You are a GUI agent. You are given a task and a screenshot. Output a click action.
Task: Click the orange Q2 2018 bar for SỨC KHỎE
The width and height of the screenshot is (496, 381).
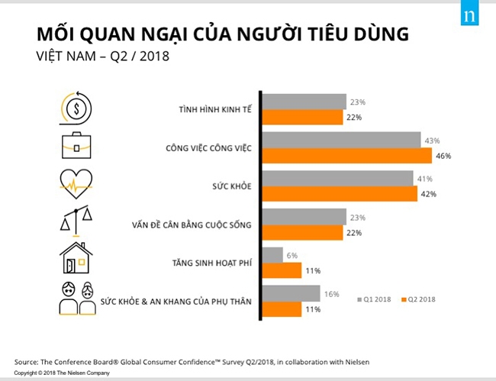point(340,194)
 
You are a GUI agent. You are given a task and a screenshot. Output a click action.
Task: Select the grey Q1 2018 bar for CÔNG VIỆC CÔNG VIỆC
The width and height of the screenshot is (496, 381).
point(341,140)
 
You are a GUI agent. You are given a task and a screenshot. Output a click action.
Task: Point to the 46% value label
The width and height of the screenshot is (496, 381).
point(443,156)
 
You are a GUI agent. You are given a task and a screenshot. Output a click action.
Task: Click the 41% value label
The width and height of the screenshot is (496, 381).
point(425,179)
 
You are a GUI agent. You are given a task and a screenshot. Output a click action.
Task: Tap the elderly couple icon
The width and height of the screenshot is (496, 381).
point(76,298)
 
